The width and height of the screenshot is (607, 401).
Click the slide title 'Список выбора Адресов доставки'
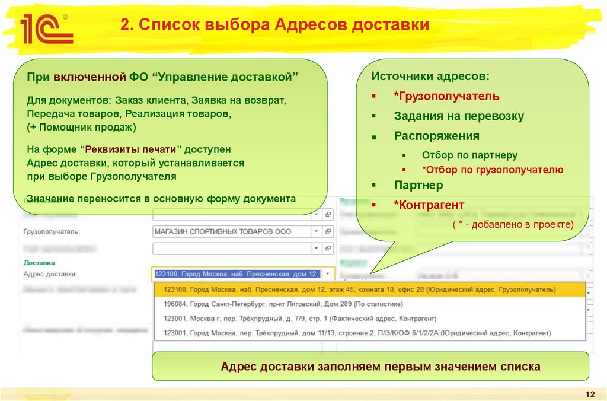point(274,26)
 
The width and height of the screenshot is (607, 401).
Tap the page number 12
point(589,395)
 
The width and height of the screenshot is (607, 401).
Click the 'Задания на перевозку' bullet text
point(459,116)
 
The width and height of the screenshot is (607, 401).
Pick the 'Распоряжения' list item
point(436,136)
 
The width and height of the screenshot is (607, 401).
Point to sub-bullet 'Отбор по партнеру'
point(469,155)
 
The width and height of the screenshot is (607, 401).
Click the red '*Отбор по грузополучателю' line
point(492,170)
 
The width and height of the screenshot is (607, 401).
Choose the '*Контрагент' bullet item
point(429,205)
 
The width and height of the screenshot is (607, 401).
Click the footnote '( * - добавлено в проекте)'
point(513,224)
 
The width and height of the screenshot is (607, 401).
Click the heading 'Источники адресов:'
point(430,77)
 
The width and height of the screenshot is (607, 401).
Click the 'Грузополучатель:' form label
point(52,231)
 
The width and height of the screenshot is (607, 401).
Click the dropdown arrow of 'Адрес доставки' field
point(328,274)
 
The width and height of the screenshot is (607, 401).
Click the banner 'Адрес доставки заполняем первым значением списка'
point(380,367)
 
